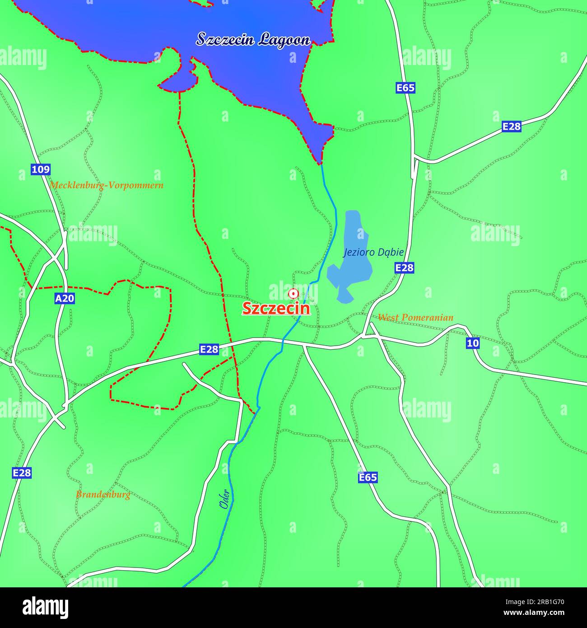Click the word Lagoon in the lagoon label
coord(284,40)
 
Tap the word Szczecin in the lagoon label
coord(224,39)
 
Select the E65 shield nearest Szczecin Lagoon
coord(405,88)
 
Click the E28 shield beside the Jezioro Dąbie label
coord(404,268)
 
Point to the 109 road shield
coord(41,169)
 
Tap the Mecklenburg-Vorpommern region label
coord(107,185)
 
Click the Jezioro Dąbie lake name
coord(373,252)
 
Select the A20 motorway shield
coord(65,299)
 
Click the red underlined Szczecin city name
coord(276,308)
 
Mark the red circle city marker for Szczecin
coord(293,294)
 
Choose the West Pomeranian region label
coord(415,317)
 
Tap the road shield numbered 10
coord(473,343)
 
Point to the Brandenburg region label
coord(103,494)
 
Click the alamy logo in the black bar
coord(45,607)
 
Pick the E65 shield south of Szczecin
coord(368,478)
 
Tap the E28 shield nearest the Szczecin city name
coord(209,349)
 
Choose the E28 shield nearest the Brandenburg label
coord(22,473)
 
